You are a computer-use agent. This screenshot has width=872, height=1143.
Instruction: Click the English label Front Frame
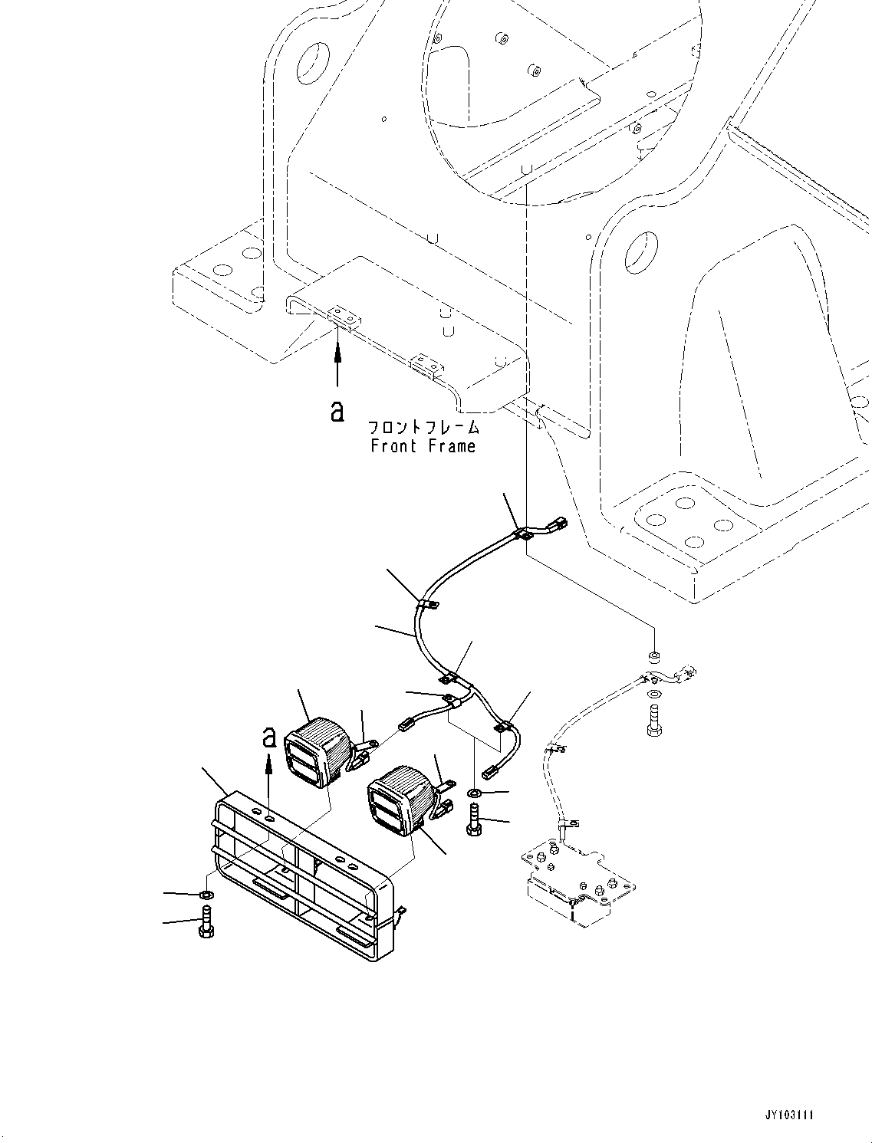tap(423, 446)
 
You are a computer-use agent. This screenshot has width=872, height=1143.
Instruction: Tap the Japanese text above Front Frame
tap(423, 428)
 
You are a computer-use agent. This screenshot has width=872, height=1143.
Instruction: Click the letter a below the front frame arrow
tap(337, 411)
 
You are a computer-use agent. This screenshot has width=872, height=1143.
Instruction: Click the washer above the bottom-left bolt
tap(206, 895)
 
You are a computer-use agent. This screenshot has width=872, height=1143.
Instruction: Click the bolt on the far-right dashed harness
tap(655, 719)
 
